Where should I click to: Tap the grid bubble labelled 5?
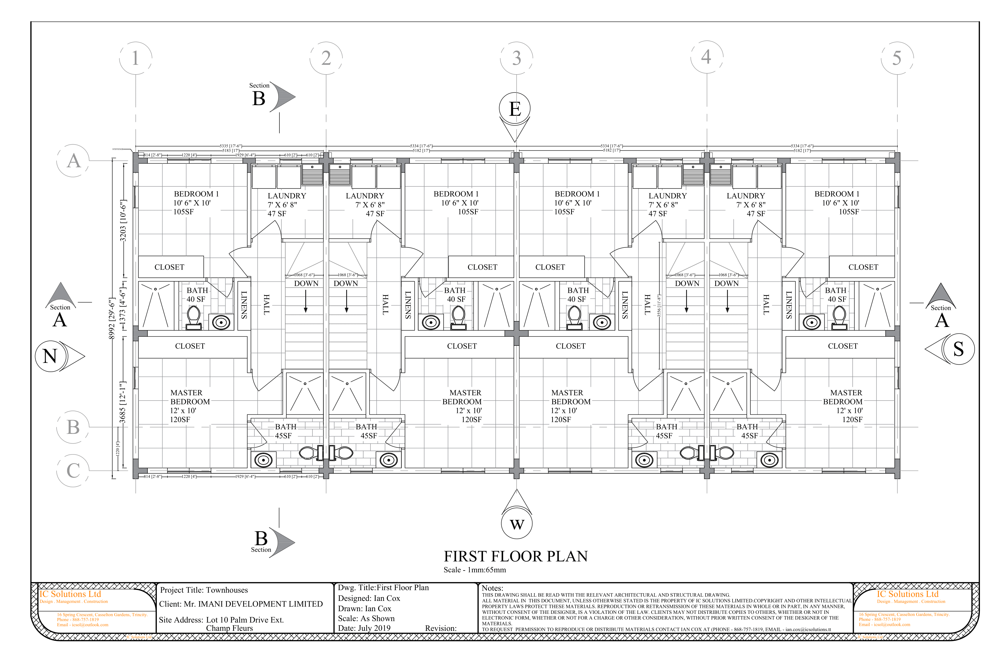coord(897,58)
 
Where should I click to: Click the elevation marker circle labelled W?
coord(517,524)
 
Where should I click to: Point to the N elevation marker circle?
coord(50,356)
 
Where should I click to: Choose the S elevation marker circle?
coord(959,349)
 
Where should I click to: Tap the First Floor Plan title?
coord(515,556)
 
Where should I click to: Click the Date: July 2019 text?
coord(364,628)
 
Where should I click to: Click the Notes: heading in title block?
coord(492,588)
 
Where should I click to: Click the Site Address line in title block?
coord(221,620)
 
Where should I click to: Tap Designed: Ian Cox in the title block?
coord(369,598)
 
